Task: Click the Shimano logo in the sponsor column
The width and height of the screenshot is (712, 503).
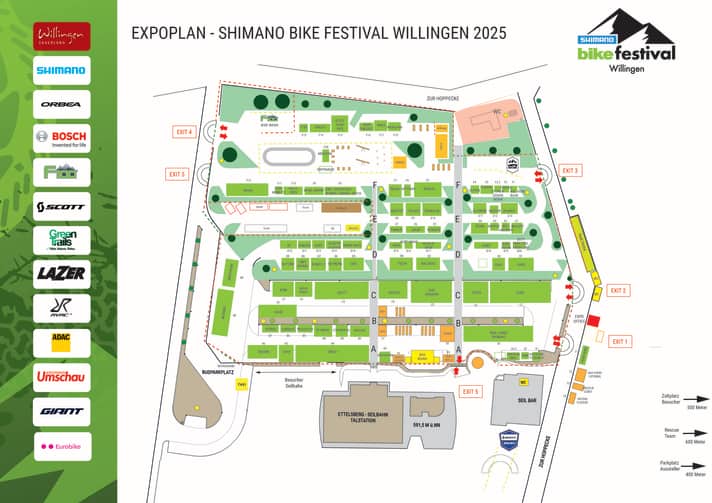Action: point(62,70)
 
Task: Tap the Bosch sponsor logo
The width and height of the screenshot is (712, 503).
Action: point(62,138)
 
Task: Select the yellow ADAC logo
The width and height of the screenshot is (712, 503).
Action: point(62,342)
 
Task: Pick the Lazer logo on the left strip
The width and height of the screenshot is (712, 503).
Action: point(62,274)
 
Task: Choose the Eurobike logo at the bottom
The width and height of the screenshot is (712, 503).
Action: point(62,445)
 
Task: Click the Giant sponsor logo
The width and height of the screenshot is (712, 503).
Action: point(62,411)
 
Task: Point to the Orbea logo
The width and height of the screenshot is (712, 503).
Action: point(62,104)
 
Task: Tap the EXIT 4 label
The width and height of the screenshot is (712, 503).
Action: point(183,131)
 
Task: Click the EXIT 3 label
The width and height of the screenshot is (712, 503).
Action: point(571,171)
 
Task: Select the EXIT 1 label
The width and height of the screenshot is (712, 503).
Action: point(621,342)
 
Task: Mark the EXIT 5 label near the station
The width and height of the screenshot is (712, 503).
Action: point(471,391)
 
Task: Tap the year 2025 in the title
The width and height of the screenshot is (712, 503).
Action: point(488,33)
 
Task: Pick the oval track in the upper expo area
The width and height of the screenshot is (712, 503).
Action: point(290,155)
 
